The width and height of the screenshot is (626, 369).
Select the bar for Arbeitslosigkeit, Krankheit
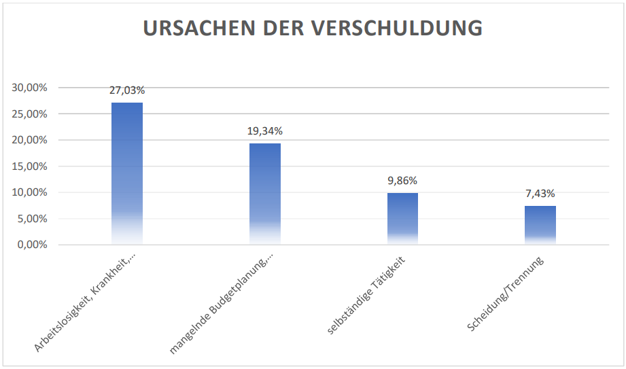point(127,173)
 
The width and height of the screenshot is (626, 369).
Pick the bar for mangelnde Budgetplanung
point(265,194)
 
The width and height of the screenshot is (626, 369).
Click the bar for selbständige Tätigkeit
point(402,218)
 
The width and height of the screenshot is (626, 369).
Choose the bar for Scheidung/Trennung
point(540,225)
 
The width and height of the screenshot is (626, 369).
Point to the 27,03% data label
point(127,90)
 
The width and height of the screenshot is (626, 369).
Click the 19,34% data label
point(265,131)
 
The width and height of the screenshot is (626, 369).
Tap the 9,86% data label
point(402,181)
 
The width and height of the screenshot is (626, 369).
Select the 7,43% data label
point(540,194)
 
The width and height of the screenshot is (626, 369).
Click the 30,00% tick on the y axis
point(29,88)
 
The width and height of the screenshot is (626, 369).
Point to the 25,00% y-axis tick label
point(29,114)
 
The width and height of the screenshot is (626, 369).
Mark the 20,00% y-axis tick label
point(29,140)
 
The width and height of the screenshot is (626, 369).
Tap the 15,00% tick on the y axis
point(29,166)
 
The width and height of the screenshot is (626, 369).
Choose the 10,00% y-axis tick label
point(29,192)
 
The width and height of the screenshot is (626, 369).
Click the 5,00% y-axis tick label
point(31,219)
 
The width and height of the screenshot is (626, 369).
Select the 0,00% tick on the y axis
point(31,245)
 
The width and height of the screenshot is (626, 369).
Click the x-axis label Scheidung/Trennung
point(507,294)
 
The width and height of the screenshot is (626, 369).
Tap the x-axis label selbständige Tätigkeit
point(367,295)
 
